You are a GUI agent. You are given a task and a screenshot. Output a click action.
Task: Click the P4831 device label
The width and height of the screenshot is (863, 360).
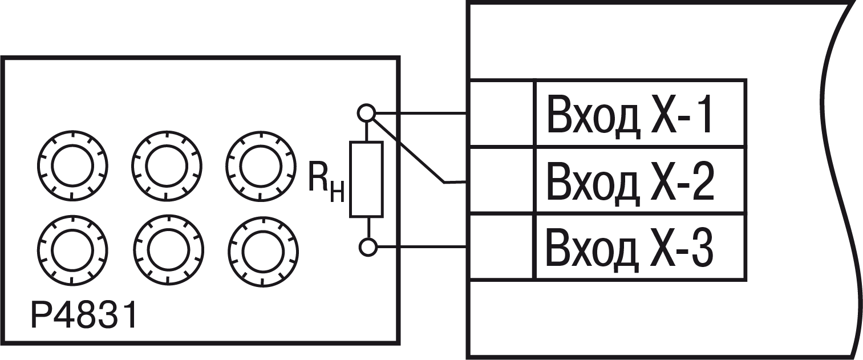(84, 315)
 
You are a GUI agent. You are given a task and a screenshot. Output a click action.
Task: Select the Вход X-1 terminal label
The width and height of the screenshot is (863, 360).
(629, 115)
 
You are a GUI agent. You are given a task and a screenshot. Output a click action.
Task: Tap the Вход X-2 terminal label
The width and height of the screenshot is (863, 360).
(630, 181)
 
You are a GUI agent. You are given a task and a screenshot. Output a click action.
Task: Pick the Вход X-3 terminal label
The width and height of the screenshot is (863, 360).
(630, 247)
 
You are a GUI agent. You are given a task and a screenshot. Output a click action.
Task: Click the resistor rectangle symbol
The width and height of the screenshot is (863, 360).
(366, 179)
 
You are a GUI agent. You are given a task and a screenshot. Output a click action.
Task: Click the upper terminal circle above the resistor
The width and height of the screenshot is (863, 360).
(366, 114)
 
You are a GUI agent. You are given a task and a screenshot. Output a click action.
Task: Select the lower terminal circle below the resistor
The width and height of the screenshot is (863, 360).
(368, 247)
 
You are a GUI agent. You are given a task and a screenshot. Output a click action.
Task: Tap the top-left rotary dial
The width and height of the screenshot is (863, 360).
(72, 132)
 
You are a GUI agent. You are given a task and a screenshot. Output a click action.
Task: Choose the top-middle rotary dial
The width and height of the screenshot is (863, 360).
(167, 132)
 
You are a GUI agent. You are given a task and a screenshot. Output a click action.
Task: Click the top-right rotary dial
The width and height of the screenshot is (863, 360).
(261, 132)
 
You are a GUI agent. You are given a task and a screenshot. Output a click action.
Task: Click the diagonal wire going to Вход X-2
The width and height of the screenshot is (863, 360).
(408, 152)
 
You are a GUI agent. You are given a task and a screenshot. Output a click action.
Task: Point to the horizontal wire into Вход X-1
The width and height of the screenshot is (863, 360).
(421, 114)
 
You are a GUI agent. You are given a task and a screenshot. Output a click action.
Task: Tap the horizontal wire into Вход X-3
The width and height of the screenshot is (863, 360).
(422, 246)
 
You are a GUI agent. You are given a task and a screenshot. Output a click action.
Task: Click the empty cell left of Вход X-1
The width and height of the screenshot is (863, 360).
(501, 114)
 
